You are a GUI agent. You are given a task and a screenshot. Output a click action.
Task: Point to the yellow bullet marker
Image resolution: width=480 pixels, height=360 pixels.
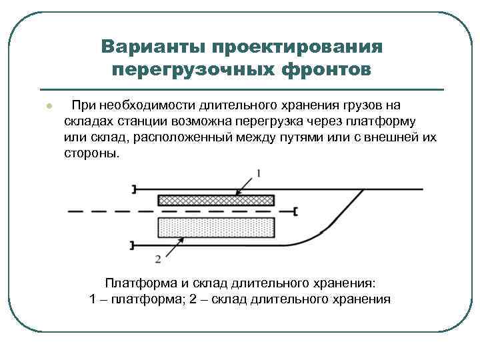click(48, 106)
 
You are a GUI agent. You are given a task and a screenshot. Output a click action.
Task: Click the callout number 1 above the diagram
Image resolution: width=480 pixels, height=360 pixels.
click(259, 173)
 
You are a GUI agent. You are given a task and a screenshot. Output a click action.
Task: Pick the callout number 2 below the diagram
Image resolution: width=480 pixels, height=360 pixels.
click(157, 258)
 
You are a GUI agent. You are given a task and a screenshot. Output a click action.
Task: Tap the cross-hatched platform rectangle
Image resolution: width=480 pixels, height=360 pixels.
click(216, 200)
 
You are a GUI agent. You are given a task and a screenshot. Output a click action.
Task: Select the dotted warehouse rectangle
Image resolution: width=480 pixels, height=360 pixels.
click(216, 227)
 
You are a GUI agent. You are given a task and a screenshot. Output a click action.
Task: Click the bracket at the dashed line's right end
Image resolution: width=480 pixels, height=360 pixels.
click(295, 211)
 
